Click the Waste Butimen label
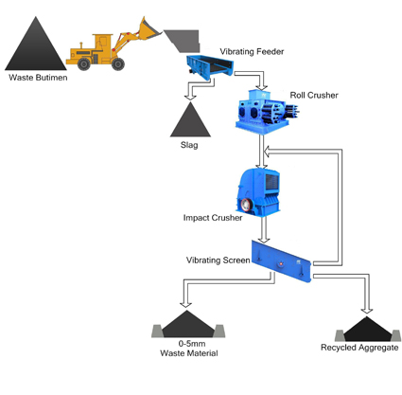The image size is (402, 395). click(x=38, y=78)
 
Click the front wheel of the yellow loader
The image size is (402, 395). click(x=118, y=63)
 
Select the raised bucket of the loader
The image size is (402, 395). click(x=149, y=29)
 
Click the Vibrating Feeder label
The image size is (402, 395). click(x=252, y=51)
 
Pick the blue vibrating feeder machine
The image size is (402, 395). click(x=210, y=67)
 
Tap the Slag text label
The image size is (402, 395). click(x=189, y=145)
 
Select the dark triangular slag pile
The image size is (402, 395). click(x=190, y=119)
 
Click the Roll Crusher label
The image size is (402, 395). click(x=314, y=95)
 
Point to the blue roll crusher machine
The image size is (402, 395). click(x=267, y=111)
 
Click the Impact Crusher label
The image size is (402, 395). click(x=213, y=218)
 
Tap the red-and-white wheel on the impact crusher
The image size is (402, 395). click(x=246, y=205)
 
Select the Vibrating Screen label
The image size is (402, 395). click(x=218, y=260)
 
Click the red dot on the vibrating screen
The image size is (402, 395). click(x=280, y=263)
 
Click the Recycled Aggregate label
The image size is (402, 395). click(x=359, y=348)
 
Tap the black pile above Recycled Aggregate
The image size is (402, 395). click(x=367, y=329)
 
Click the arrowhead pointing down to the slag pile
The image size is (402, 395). click(x=190, y=97)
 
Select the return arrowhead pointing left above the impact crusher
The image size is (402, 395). click(x=267, y=152)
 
